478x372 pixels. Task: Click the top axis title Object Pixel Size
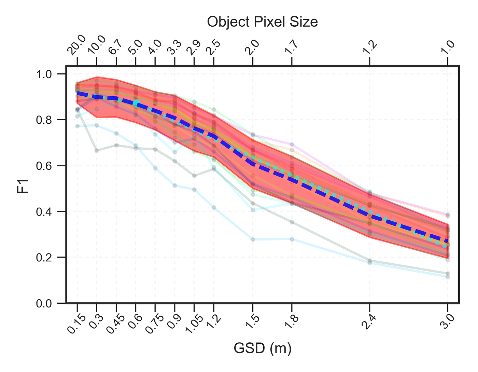click(x=262, y=22)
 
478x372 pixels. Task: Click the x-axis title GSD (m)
click(x=262, y=349)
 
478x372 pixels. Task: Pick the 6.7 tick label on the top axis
click(x=116, y=49)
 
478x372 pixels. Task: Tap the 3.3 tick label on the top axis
click(x=174, y=49)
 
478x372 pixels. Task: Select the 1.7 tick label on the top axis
click(x=291, y=49)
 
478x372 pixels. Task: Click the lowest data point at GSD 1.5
click(x=253, y=239)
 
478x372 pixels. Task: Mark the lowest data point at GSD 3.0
click(x=448, y=276)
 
